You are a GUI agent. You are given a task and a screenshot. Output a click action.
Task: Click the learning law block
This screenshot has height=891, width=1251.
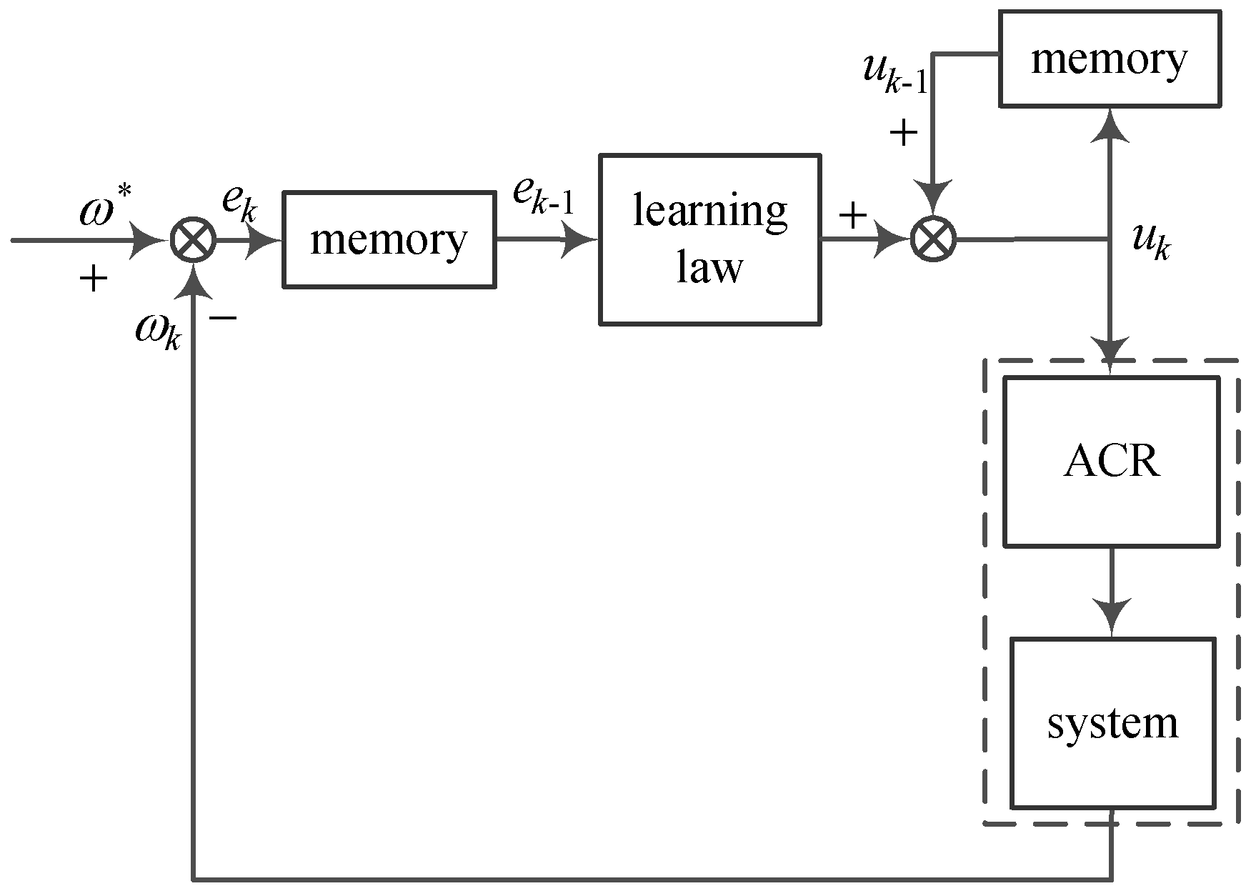[709, 240]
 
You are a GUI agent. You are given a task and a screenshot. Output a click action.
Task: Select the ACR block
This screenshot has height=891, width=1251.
[1111, 462]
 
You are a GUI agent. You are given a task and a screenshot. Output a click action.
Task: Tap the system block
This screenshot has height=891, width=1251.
[1112, 723]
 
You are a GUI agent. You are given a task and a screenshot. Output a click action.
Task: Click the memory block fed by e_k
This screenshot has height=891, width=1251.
[389, 240]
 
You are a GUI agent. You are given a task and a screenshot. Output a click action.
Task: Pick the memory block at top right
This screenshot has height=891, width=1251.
[1109, 59]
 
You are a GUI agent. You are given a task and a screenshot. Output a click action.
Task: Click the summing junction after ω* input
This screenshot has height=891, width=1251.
[194, 241]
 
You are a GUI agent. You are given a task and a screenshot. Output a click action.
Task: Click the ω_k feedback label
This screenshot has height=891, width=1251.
[159, 330]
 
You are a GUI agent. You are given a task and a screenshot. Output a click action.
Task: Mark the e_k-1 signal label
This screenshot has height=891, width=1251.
[543, 196]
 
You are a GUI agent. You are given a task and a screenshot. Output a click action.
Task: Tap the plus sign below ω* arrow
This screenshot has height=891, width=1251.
[93, 279]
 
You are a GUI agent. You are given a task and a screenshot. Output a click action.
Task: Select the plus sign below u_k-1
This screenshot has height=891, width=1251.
[903, 133]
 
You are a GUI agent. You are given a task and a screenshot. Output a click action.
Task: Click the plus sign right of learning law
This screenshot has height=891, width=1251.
[852, 214]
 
